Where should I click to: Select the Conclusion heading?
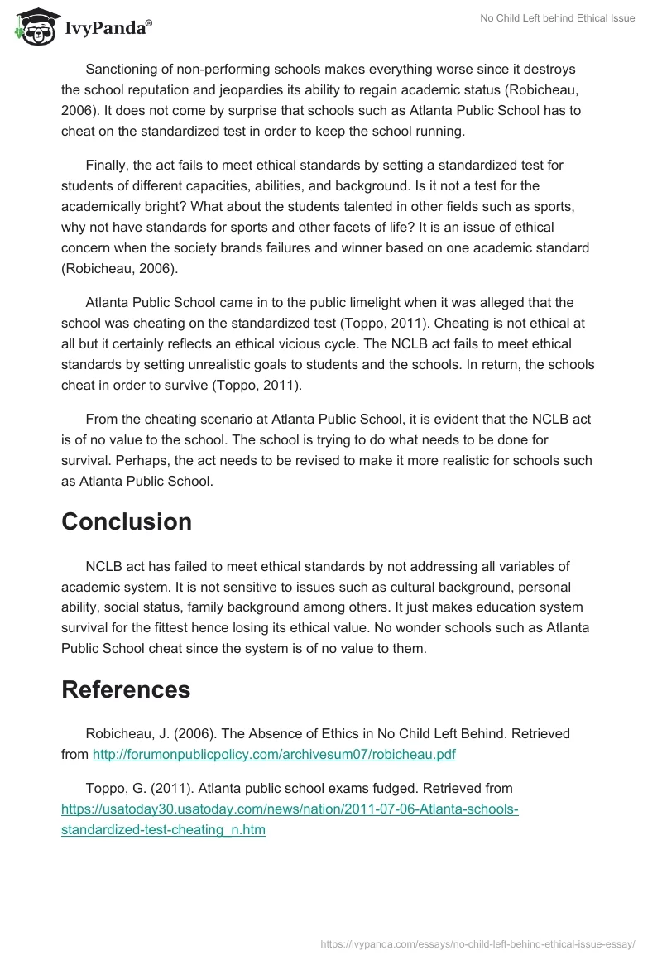pyautogui.click(x=127, y=521)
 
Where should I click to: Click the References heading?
pyautogui.click(x=126, y=689)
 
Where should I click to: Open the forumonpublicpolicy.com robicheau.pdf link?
pyautogui.click(x=274, y=754)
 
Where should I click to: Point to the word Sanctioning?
pyautogui.click(x=122, y=69)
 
